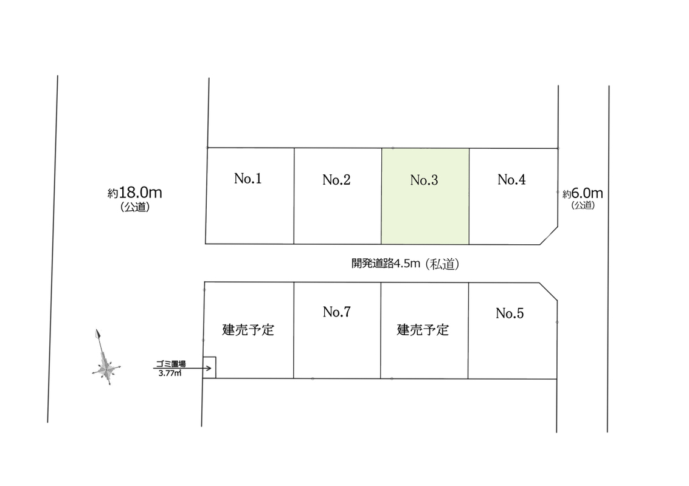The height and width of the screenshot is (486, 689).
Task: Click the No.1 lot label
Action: [x=248, y=178]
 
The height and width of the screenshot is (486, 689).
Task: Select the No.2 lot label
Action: [x=336, y=180]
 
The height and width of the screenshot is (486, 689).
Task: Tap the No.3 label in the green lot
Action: [x=424, y=180]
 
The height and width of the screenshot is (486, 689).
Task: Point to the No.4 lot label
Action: [x=511, y=179]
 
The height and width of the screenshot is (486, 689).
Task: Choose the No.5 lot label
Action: [x=510, y=313]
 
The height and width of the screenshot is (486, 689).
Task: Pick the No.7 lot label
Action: [x=336, y=312]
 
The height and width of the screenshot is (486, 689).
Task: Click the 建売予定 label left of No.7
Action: [x=248, y=330]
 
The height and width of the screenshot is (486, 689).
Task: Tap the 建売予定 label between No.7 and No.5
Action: [x=423, y=330]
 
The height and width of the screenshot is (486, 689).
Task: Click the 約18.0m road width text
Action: [x=135, y=193]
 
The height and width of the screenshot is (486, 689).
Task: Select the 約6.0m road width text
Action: [x=583, y=193]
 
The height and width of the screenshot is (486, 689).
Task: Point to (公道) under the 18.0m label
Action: [x=136, y=207]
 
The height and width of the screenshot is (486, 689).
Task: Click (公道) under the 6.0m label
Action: [x=583, y=205]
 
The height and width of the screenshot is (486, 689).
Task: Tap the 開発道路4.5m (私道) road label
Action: [x=405, y=264]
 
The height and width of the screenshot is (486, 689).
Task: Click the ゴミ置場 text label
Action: [x=171, y=364]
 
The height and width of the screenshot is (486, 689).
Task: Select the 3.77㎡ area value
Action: [x=170, y=373]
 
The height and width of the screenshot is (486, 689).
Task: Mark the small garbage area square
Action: [x=209, y=368]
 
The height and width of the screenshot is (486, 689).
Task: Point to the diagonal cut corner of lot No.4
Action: [x=549, y=236]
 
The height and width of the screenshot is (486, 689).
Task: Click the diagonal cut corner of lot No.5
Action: [x=549, y=292]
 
